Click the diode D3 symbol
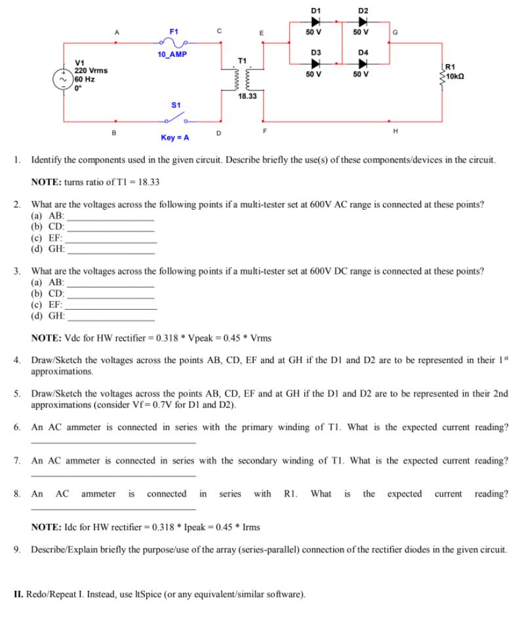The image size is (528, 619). coord(315,64)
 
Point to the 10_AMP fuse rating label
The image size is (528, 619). coord(172,54)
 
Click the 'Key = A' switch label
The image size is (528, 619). coord(174,138)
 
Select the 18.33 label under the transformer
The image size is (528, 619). coord(248,96)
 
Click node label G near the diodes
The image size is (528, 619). coord(395,31)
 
